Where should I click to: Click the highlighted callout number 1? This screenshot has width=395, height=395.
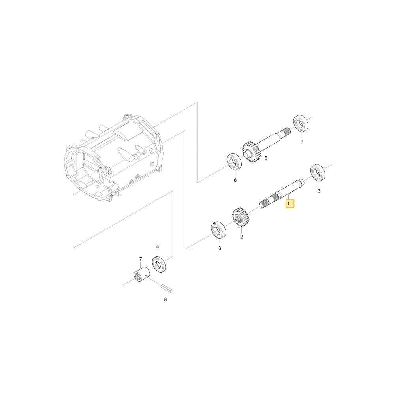click(289, 203)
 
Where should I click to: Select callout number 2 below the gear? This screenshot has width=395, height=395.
click(241, 237)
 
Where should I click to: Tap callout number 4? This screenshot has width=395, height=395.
click(158, 246)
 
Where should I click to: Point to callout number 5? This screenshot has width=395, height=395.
click(266, 158)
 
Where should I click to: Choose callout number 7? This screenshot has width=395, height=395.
click(141, 259)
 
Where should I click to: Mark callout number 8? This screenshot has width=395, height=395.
click(166, 299)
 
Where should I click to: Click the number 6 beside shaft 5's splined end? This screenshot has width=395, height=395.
click(302, 141)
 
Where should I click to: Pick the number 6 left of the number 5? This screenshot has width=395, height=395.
click(235, 180)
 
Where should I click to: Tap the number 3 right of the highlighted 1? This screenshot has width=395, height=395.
click(319, 191)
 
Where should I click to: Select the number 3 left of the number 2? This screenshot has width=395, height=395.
click(220, 248)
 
